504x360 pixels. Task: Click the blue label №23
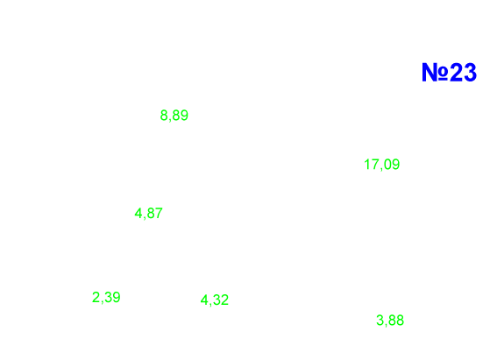click(x=449, y=72)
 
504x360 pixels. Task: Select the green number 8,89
click(x=174, y=116)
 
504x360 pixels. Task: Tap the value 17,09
click(x=382, y=165)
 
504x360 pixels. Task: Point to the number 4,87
click(x=148, y=213)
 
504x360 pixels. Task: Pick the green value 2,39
click(x=106, y=298)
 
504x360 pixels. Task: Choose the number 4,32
click(x=215, y=300)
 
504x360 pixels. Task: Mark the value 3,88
click(x=390, y=321)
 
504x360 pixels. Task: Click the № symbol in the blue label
click(x=436, y=72)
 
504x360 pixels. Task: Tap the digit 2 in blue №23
click(x=456, y=72)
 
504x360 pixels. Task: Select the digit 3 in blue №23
click(x=470, y=72)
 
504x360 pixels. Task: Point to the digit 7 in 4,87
click(x=159, y=213)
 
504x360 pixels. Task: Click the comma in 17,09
click(x=381, y=168)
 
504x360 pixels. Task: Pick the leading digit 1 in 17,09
click(x=367, y=164)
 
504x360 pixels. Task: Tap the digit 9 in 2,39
click(x=117, y=297)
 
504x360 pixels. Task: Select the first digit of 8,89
click(x=164, y=115)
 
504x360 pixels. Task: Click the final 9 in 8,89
click(x=184, y=115)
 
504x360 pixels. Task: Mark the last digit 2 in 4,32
click(x=224, y=300)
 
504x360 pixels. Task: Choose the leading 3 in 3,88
click(x=380, y=320)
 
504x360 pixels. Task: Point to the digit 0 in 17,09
click(x=387, y=164)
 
